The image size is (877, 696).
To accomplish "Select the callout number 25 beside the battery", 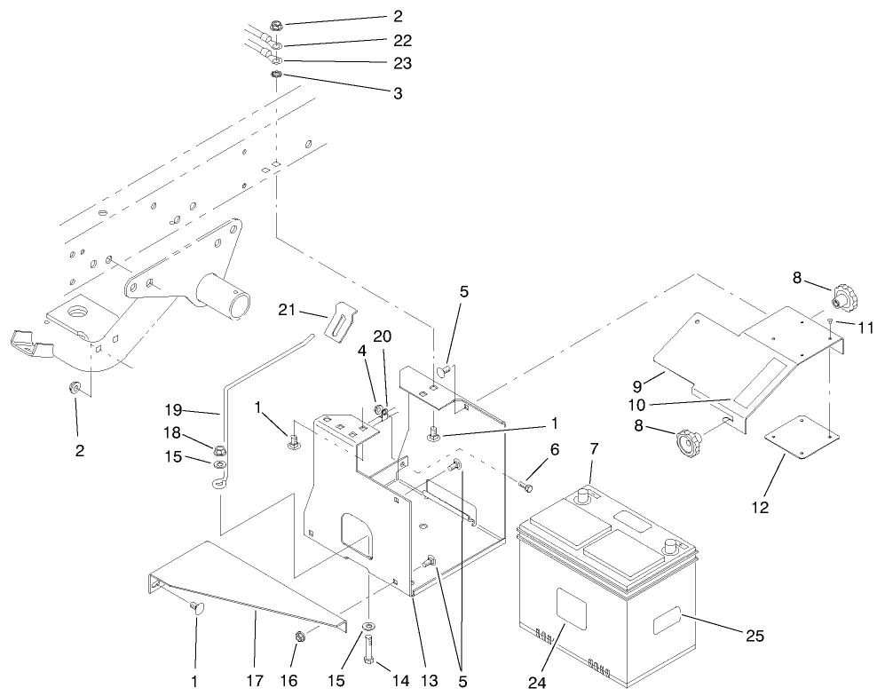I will pos(754,636).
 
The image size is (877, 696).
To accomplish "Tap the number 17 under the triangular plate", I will pos(254,680).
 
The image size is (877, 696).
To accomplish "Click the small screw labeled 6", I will pos(525,486).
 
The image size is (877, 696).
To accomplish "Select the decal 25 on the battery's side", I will pos(670,621).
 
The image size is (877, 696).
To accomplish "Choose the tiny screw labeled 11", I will pos(828,326).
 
